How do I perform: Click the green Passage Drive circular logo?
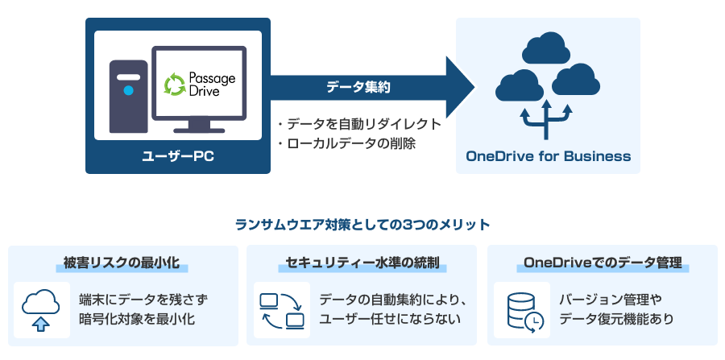tap(175, 84)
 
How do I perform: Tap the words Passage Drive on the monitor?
tap(213, 83)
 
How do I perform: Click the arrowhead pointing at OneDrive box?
tap(459, 87)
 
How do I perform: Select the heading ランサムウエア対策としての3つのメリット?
tap(362, 224)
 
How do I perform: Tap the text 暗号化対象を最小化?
tap(137, 320)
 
